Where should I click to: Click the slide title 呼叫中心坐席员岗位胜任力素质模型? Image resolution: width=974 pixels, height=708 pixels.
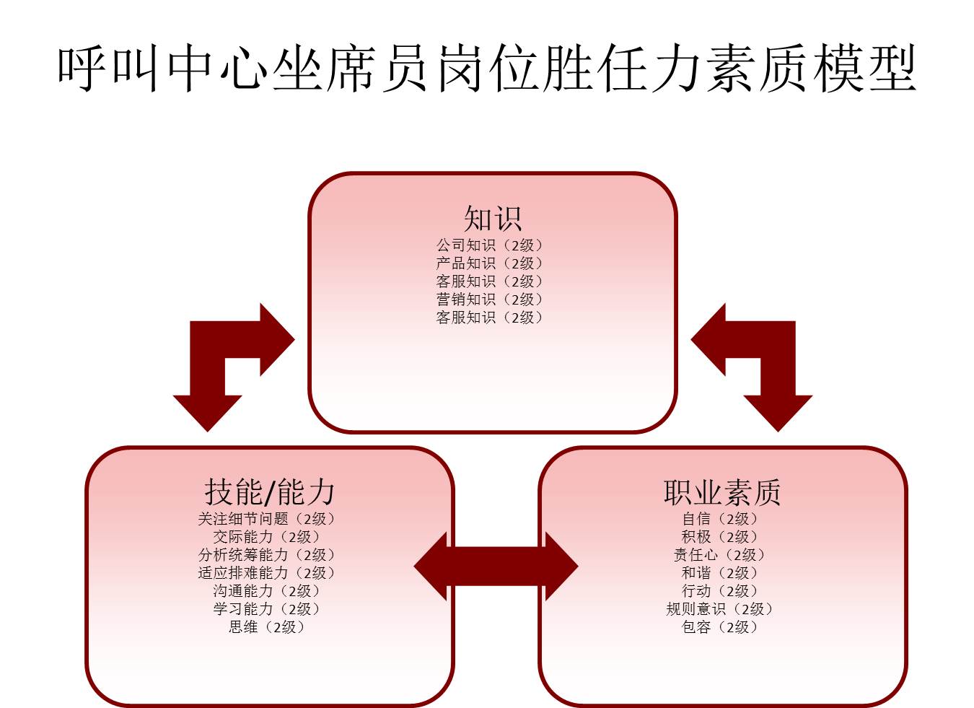pos(487,69)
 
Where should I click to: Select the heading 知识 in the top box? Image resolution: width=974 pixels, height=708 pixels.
pos(492,218)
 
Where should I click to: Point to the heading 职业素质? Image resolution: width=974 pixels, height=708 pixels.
pos(722,492)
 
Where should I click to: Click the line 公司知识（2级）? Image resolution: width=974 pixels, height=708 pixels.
pos(489,245)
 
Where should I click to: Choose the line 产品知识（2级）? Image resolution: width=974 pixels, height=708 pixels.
pos(489,263)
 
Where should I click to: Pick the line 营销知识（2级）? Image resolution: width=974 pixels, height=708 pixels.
pos(489,300)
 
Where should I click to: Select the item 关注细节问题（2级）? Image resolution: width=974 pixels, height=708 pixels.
pos(267,519)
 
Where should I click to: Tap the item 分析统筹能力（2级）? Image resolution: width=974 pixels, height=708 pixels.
pos(267,555)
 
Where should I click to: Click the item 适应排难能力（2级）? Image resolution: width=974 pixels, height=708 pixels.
pos(267,573)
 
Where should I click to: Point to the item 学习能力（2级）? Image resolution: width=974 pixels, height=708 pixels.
pos(267,609)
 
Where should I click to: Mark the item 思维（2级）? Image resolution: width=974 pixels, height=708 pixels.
pos(267,627)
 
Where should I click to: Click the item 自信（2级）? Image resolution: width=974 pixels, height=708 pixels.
pos(720,519)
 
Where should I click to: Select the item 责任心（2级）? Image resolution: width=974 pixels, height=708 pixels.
pos(720,555)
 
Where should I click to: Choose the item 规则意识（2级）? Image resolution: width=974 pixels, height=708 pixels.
pos(720,609)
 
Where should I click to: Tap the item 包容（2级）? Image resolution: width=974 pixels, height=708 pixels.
pos(720,627)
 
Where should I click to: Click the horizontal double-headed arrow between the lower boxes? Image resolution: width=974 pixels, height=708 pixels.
pos(496,567)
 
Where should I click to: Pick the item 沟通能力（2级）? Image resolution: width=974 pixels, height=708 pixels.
pos(267,591)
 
